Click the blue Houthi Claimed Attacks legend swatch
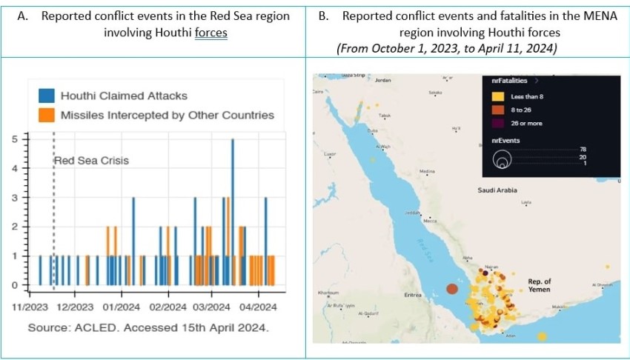47,96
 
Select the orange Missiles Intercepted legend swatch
47,115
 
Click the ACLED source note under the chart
148,327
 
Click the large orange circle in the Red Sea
451,289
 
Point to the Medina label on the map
427,172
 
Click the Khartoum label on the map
328,293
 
